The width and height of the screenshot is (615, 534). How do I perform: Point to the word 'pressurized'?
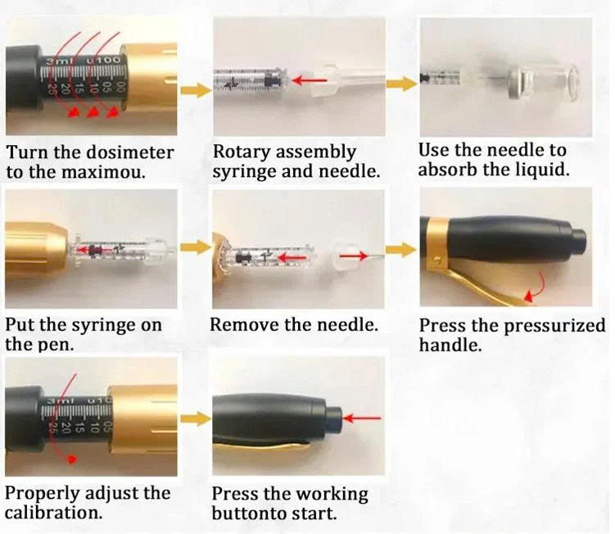(555, 326)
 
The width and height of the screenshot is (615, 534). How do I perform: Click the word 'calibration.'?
(54, 514)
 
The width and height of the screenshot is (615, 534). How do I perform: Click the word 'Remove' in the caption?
(244, 325)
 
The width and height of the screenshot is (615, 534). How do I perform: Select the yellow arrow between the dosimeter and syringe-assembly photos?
(196, 90)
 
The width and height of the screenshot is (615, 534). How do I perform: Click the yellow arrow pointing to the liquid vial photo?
(402, 84)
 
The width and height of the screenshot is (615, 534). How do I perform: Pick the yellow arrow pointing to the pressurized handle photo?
(401, 250)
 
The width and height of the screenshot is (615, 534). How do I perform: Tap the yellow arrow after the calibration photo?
(196, 419)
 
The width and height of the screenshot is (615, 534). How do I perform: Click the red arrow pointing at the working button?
(362, 419)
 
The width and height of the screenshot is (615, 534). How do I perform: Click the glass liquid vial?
(543, 84)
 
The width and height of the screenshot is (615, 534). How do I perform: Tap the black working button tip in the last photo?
(334, 420)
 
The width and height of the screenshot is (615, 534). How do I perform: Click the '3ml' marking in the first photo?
(57, 61)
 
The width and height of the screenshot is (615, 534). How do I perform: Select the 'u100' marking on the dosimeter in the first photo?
(102, 61)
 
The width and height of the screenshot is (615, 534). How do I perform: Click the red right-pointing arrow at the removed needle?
(354, 256)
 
